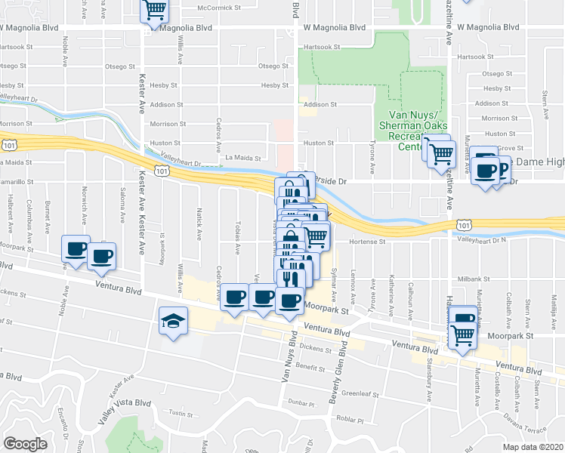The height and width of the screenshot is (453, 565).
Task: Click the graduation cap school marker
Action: click(x=173, y=322)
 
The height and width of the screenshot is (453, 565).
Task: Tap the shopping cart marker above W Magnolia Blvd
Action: click(x=154, y=11)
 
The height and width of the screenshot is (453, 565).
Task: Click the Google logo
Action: click(x=25, y=444)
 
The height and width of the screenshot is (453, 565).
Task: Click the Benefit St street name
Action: click(x=310, y=365)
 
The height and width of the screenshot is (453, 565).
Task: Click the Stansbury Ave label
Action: click(x=428, y=384)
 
